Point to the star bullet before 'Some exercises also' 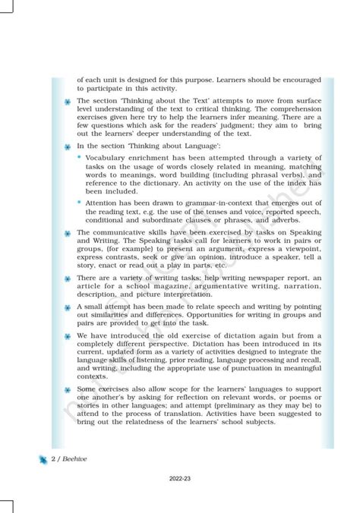[x=68, y=390]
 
